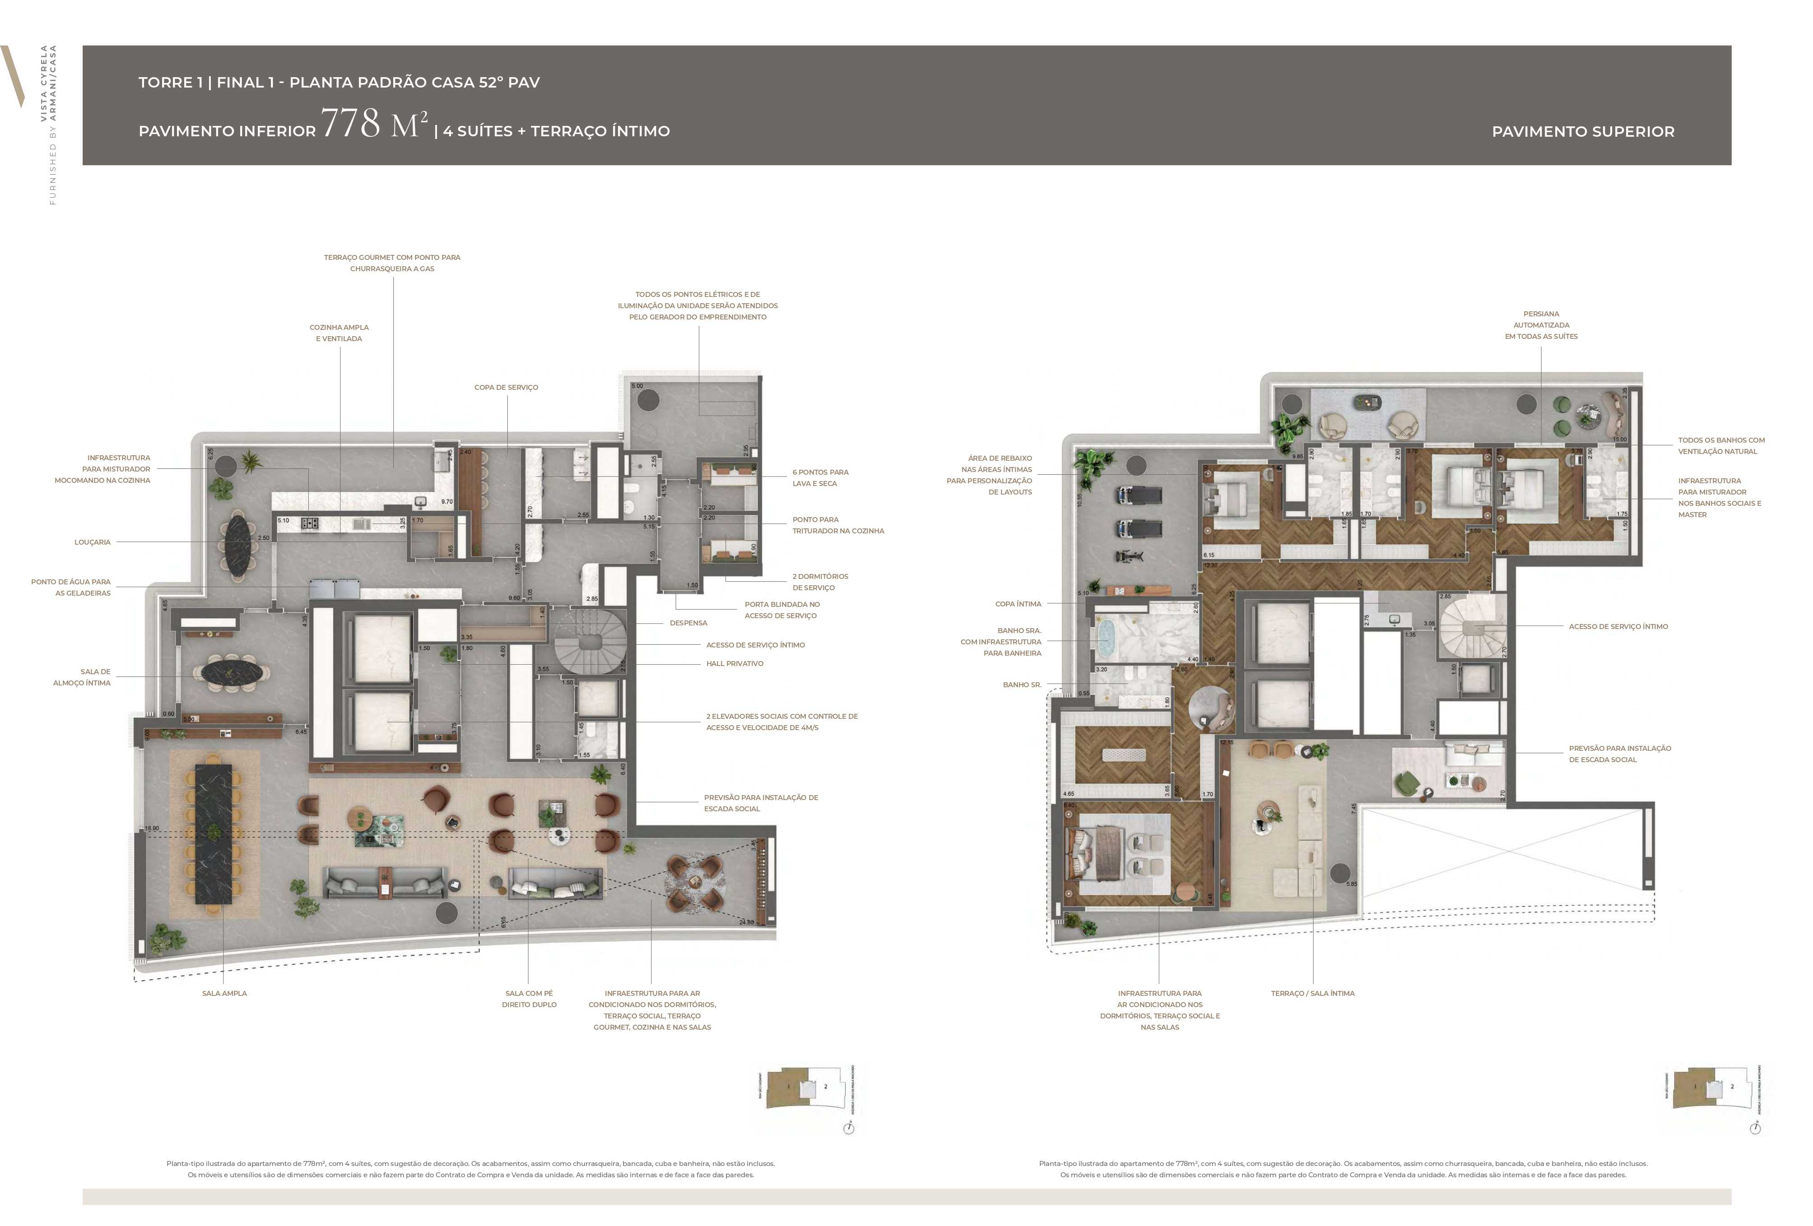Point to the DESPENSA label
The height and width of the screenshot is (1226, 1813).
688,623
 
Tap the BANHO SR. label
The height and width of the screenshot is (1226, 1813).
1022,685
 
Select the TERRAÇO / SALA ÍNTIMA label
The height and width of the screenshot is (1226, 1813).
1312,994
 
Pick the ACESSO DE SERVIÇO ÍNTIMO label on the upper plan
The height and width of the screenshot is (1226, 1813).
1618,626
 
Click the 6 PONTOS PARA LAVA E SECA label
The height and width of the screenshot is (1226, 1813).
820,478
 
